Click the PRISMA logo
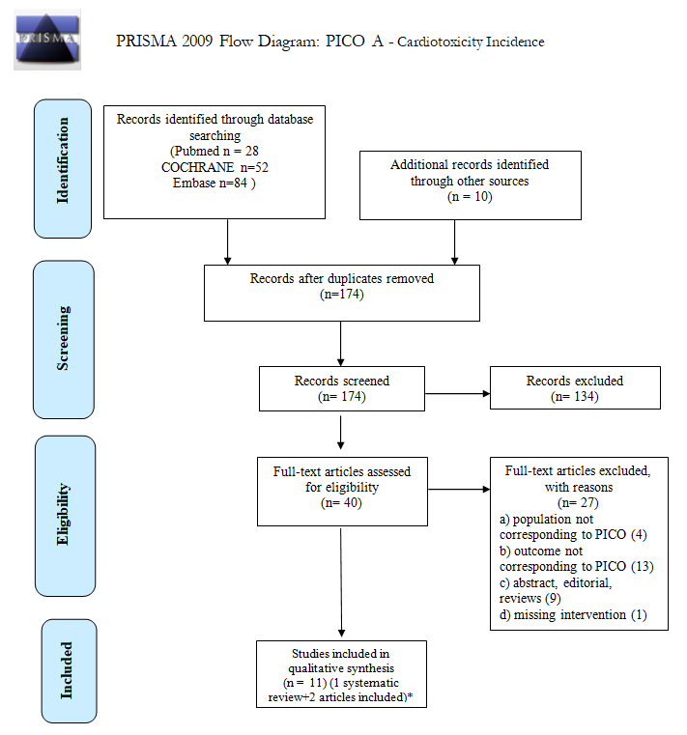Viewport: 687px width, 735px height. coord(46,38)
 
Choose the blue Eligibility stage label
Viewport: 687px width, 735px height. coord(64,516)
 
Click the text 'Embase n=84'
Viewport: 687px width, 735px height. coord(224,184)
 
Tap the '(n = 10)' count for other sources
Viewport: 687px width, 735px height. coord(470,197)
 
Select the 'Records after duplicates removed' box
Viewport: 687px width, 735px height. coord(342,293)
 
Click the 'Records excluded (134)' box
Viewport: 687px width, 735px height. coord(575,388)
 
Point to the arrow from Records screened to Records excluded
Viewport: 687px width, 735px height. coord(457,394)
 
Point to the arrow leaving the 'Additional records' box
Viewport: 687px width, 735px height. coord(455,240)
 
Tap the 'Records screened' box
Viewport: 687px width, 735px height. coord(342,388)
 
